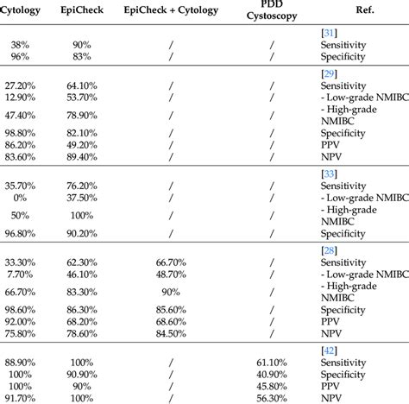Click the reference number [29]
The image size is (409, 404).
pos(328,73)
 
